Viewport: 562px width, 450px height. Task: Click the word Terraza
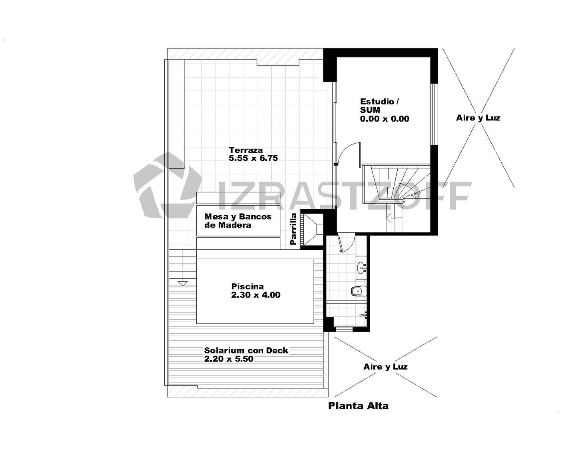(246, 150)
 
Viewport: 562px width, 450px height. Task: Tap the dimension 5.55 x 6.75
(253, 158)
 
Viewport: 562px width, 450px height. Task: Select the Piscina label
(247, 286)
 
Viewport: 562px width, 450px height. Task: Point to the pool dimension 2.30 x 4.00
(256, 295)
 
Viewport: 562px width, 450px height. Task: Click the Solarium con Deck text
(246, 350)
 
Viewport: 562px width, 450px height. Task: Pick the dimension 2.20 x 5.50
(229, 358)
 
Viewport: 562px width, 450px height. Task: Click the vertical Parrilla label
(293, 229)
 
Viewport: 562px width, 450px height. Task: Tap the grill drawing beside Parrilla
(312, 230)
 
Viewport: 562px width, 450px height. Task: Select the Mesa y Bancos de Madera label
(238, 220)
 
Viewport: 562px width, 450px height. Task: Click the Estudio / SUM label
(379, 105)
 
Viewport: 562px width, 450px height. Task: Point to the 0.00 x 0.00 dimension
(385, 119)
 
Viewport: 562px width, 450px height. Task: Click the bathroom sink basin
(362, 267)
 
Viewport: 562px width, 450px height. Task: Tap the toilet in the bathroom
(359, 291)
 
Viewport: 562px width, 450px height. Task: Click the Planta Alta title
(358, 406)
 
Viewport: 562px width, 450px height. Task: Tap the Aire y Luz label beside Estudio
(478, 118)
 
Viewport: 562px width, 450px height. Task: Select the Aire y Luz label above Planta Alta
(385, 367)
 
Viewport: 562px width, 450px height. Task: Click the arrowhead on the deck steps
(183, 283)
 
